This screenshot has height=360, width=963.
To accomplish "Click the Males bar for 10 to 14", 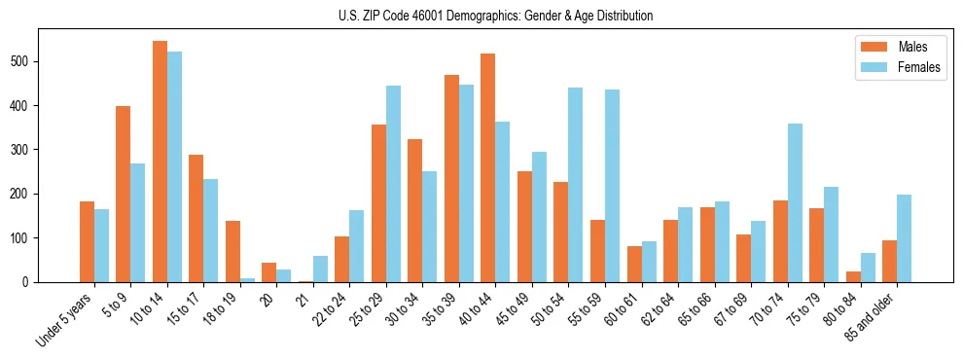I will (160, 162).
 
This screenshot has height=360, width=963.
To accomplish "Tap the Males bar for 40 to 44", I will (488, 167).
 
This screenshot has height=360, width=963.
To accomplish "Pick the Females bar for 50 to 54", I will (576, 185).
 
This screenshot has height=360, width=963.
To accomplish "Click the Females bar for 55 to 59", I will (612, 186).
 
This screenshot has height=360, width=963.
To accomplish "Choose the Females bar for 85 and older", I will (904, 238).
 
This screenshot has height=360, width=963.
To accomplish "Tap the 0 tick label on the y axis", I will (28, 282).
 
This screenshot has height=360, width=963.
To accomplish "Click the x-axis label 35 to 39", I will (440, 307).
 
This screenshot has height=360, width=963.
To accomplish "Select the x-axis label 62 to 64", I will (660, 307).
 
